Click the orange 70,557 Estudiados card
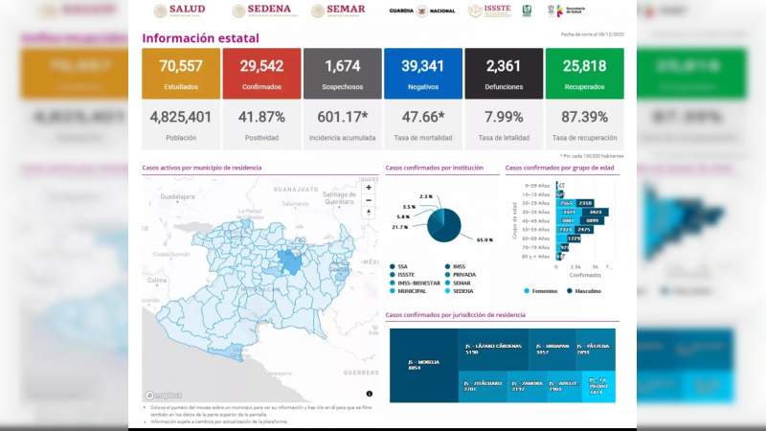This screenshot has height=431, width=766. [x=179, y=73]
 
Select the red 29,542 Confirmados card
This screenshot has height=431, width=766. [x=259, y=73]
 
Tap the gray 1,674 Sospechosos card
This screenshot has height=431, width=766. [x=342, y=73]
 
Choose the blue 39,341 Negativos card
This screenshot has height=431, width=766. [x=422, y=73]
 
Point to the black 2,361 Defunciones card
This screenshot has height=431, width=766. [x=503, y=73]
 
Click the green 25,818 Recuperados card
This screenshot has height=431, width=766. [x=584, y=73]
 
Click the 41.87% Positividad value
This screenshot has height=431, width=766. [x=259, y=119]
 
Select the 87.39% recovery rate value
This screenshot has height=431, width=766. [x=584, y=119]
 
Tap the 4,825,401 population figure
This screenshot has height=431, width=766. [x=179, y=119]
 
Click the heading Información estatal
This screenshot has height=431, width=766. [x=200, y=38]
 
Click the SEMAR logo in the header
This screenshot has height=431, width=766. [x=338, y=11]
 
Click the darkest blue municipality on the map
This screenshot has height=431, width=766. [x=288, y=261]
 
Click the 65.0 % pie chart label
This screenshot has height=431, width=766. [x=484, y=239]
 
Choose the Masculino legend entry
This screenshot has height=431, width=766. [x=588, y=289]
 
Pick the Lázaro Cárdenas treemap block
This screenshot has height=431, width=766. [x=484, y=348]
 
